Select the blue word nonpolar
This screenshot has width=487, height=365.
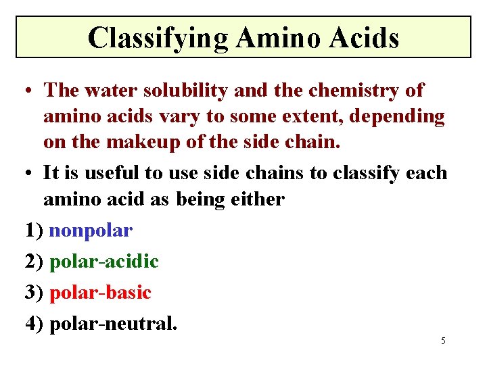(x=91, y=230)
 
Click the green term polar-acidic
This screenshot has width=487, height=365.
(x=104, y=261)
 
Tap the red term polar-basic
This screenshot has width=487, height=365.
(x=100, y=292)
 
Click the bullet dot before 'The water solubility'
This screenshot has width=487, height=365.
(x=30, y=91)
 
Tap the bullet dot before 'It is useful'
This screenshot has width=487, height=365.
(x=30, y=174)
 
